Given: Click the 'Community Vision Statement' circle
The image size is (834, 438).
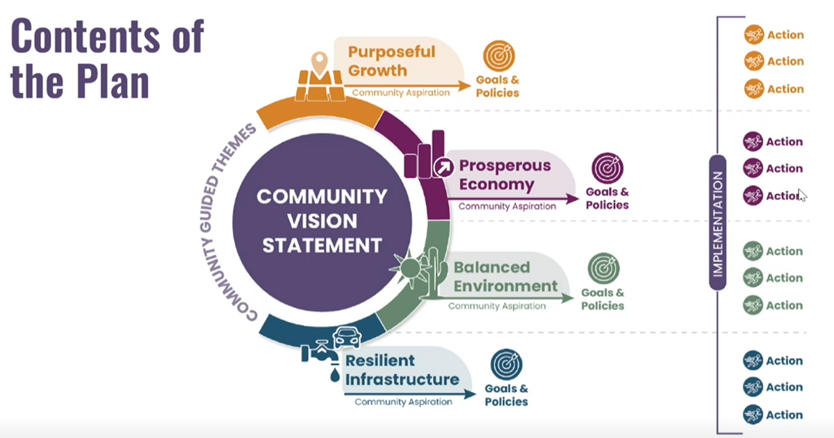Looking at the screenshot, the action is pos(322,222).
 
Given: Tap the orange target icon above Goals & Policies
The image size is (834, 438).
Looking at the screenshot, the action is pos(499,56).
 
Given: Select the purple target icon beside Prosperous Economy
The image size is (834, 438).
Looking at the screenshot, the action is pos(607,168).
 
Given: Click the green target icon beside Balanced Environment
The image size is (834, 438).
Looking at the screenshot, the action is pos(603,268).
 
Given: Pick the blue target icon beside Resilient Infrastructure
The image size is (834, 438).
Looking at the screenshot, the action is pos(507,364).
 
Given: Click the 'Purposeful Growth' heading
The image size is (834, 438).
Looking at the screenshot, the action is pos(392,61).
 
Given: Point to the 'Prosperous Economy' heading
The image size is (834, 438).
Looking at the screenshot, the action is pos(505,175).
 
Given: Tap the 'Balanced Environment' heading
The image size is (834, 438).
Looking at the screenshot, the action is pos(506,277).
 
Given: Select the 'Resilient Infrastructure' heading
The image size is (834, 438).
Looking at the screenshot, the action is pos(402,370).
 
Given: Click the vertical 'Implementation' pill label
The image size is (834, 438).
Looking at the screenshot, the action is pos(718,222).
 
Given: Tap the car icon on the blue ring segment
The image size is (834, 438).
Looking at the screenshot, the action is pos(347,337).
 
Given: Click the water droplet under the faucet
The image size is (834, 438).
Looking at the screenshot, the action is pos(335,375).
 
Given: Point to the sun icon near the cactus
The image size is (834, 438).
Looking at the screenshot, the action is pos(409,268).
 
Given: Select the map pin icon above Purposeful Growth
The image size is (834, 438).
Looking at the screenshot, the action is pos(320,64).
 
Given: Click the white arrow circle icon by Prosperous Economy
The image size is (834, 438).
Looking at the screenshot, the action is pos(443,168).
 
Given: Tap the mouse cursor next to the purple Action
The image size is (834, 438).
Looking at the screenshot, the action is pos(801,195).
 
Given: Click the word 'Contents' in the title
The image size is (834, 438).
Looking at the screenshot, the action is pos(85,36).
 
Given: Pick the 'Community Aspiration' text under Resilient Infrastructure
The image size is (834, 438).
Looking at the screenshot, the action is pos(404,402).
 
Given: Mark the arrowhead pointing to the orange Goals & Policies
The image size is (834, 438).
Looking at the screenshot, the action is pos(465,86).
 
